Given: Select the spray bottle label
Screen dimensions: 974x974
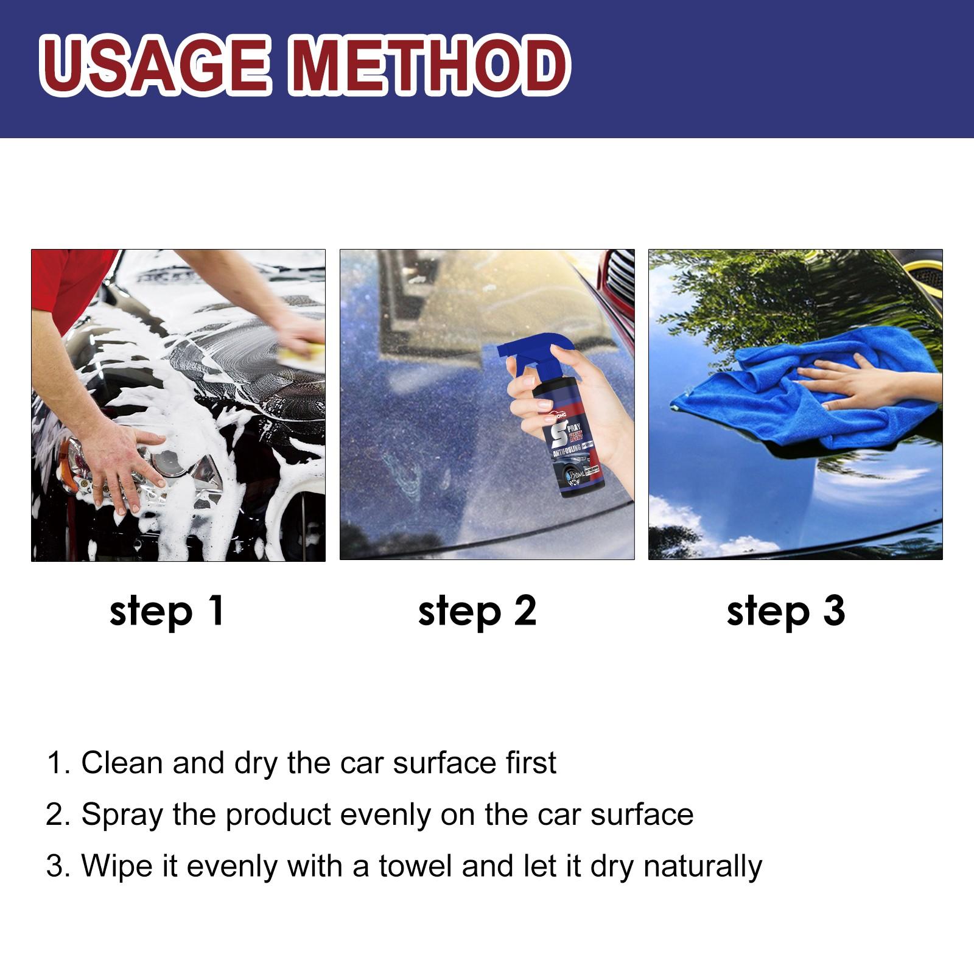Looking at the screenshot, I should (x=575, y=450).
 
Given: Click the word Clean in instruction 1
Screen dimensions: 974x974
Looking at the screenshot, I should (x=122, y=763).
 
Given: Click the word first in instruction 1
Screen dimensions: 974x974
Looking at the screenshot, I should (x=530, y=763).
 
